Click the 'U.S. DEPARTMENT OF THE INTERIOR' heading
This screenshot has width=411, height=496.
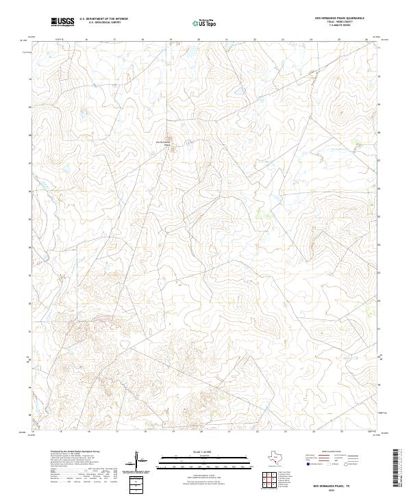[103, 18]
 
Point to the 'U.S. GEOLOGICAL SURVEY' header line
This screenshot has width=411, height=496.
[103, 23]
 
